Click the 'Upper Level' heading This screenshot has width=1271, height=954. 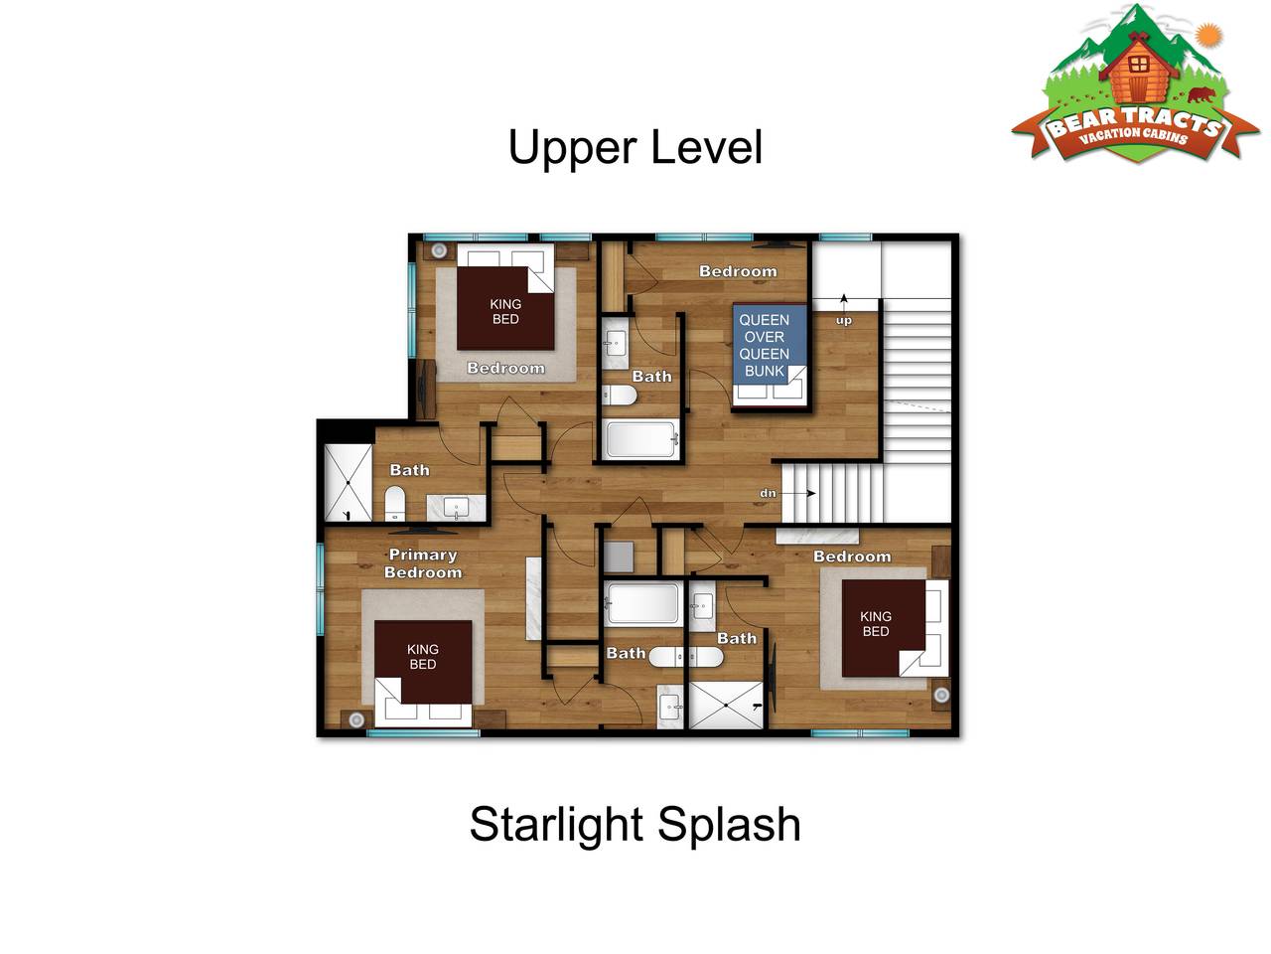[635, 148]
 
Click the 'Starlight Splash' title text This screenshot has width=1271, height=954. [635, 824]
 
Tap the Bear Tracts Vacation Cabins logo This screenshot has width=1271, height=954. [1135, 84]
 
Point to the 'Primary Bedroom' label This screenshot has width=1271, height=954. [423, 563]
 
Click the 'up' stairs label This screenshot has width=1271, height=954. [844, 320]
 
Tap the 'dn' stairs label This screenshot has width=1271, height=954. [768, 494]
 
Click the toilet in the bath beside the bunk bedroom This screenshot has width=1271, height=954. [620, 396]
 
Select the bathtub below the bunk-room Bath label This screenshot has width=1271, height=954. [640, 439]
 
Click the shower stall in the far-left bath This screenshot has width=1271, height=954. [348, 483]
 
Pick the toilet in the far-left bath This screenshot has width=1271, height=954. [395, 504]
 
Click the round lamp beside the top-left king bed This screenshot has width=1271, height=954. [439, 250]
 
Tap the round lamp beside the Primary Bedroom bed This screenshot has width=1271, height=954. [356, 719]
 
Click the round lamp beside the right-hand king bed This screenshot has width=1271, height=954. [941, 695]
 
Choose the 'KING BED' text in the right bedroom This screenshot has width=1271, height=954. [876, 624]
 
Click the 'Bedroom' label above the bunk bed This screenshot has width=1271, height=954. [738, 271]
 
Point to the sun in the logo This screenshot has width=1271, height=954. [1208, 36]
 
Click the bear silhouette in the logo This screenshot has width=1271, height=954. [1200, 94]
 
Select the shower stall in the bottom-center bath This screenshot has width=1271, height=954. [726, 705]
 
